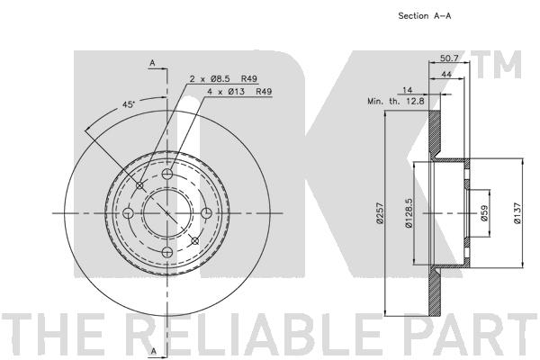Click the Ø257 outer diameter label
pyautogui.click(x=381, y=216)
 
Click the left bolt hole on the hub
pyautogui.click(x=128, y=213)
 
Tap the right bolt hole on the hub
pyautogui.click(x=206, y=213)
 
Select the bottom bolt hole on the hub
pyautogui.click(x=166, y=252)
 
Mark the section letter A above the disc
pyautogui.click(x=153, y=62)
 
